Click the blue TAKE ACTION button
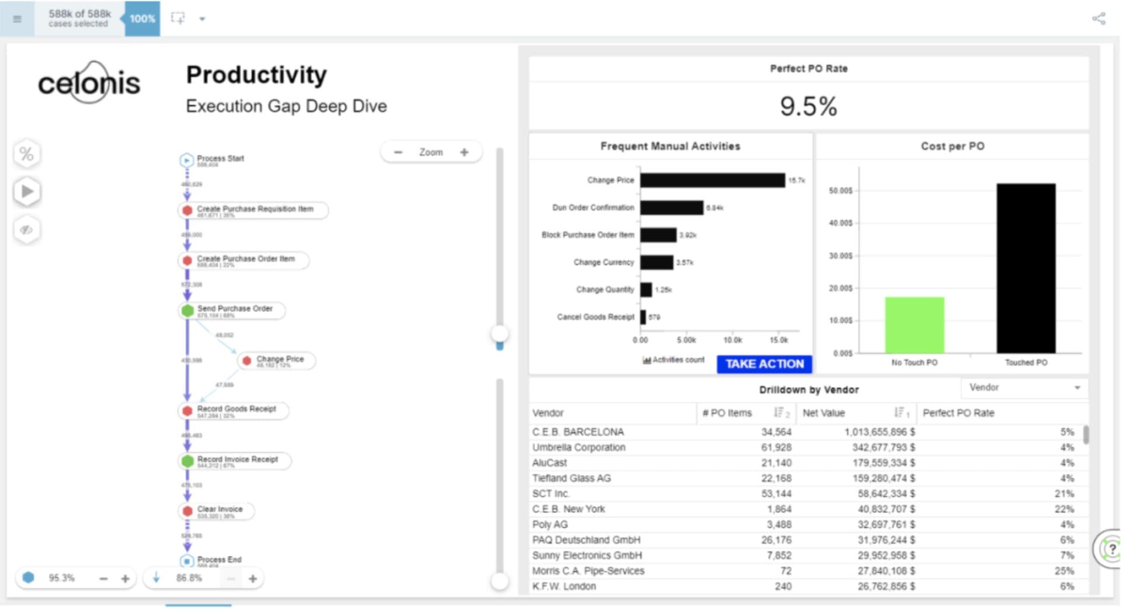764,364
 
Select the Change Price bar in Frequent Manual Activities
712,180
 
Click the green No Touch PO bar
914,325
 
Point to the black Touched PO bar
1026,268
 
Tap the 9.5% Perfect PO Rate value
808,107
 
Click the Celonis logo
89,83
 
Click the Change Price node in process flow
280,360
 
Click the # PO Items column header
727,413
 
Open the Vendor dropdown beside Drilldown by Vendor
1024,388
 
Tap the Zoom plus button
464,152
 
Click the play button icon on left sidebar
27,191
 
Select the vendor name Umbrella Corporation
579,447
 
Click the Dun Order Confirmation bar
671,208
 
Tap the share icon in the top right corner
1098,19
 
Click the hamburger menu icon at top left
17,19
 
